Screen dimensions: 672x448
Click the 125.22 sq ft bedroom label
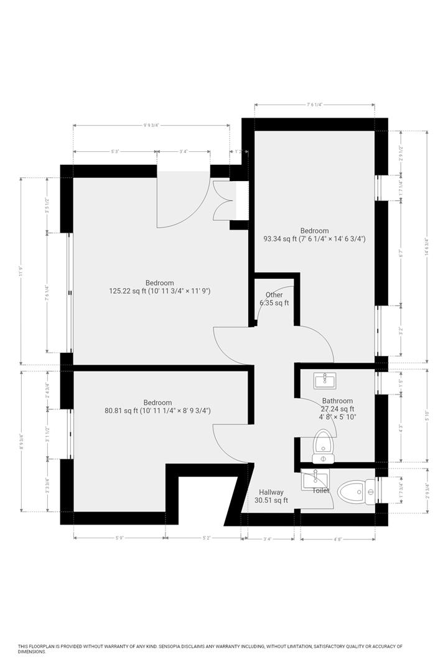[x=159, y=286]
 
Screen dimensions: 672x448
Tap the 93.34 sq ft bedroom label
[x=314, y=234]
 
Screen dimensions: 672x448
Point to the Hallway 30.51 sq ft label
[x=271, y=496]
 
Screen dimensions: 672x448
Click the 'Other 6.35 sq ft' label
[x=274, y=299]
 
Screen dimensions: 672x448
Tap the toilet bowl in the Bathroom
[x=322, y=443]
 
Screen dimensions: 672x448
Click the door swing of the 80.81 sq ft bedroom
[x=230, y=443]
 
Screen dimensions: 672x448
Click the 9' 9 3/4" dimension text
[x=152, y=125]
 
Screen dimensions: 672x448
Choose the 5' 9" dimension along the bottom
[x=119, y=539]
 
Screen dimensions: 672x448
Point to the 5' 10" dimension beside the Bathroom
[x=426, y=417]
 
